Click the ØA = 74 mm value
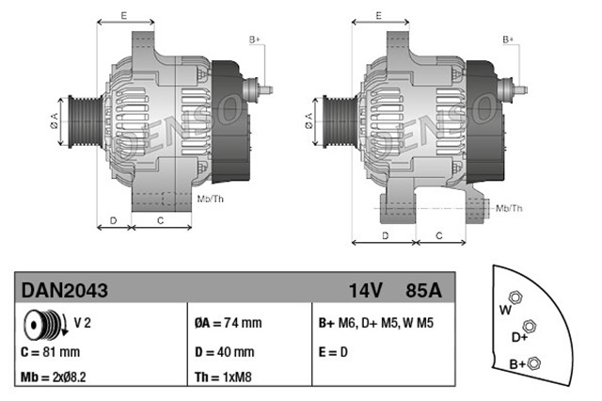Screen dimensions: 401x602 click(228, 323)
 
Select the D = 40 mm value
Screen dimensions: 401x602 click(224, 352)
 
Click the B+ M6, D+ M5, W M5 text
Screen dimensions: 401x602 click(375, 323)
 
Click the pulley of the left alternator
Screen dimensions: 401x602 click(74, 120)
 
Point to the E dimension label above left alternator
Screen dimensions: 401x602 click(124, 16)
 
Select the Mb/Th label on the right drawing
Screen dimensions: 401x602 click(508, 206)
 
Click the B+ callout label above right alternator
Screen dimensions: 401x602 click(508, 40)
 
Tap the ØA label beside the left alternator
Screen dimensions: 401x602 click(54, 120)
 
